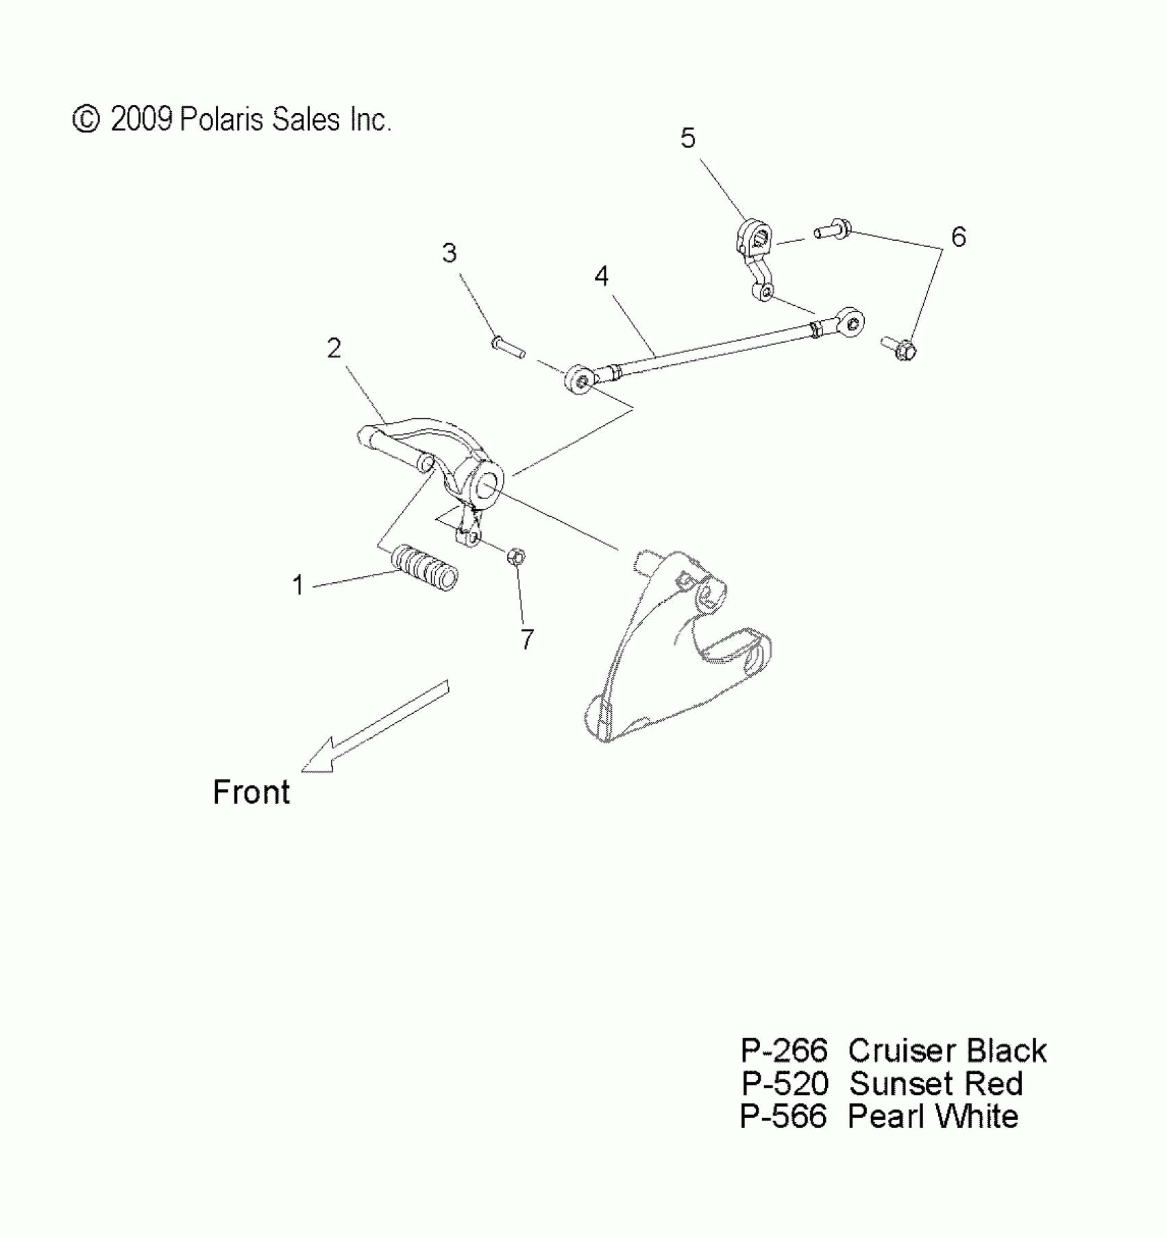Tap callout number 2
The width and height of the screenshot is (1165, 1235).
point(334,349)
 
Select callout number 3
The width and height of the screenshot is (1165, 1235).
point(449,254)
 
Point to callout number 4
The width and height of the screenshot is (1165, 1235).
point(601,277)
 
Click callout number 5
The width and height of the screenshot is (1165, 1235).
point(688,139)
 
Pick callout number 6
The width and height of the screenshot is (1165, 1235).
point(958,237)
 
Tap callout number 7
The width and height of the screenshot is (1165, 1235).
point(526,640)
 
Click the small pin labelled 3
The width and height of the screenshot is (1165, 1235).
point(508,346)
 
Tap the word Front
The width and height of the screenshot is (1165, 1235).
point(252,793)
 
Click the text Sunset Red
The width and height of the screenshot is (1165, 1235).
point(936,1084)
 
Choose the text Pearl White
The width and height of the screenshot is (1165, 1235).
point(933,1117)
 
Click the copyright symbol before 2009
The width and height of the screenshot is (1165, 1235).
point(86,119)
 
